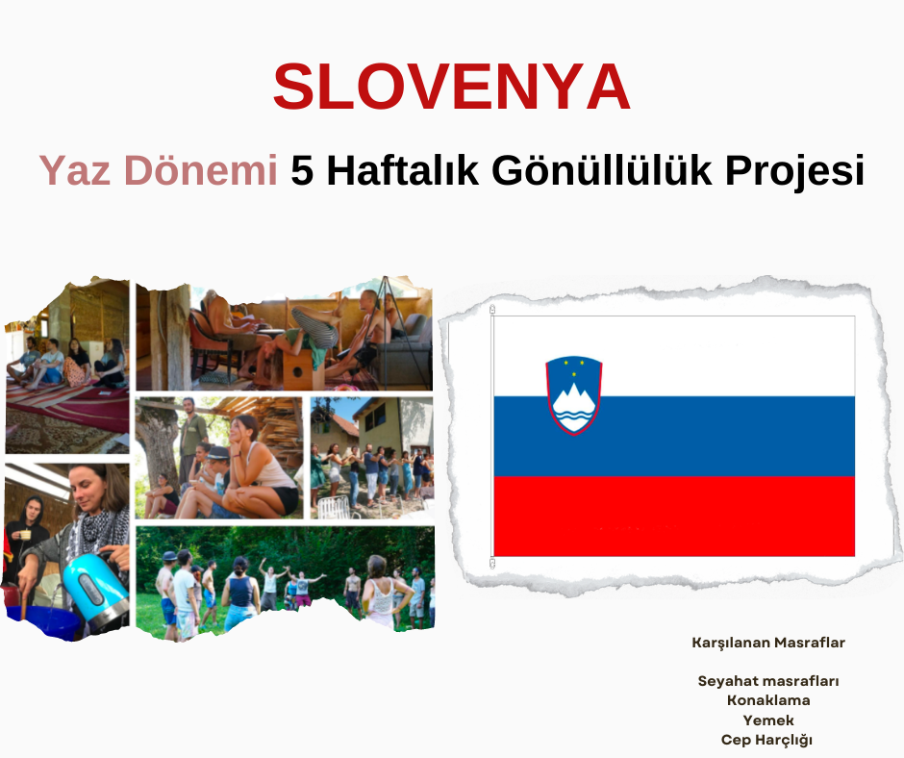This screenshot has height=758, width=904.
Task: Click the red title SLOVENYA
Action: (451, 87)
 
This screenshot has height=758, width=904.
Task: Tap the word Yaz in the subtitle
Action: (74, 171)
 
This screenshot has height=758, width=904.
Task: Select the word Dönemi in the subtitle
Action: (201, 170)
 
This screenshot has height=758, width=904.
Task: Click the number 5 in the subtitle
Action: (302, 171)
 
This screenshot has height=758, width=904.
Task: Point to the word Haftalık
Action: (402, 170)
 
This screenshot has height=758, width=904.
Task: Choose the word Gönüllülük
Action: (602, 171)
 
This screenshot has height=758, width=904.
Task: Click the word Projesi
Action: (795, 171)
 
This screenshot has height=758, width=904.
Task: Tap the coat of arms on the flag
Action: (573, 395)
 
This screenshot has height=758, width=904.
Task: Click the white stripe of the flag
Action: (674, 356)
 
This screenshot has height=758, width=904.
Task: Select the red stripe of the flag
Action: (674, 517)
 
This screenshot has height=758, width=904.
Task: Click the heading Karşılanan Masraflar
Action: (768, 643)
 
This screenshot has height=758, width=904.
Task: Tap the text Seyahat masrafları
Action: (768, 681)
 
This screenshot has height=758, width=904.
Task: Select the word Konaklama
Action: (768, 700)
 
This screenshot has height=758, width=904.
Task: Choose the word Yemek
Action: (768, 720)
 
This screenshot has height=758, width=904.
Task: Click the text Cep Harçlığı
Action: (766, 740)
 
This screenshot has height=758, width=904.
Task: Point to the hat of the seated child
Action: (218, 453)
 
